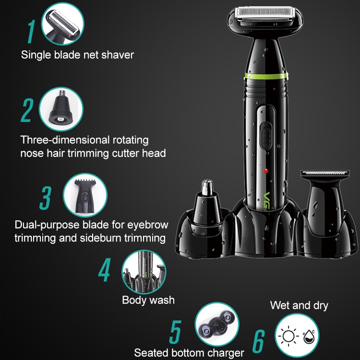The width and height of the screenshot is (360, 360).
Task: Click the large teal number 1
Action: tap(32, 32)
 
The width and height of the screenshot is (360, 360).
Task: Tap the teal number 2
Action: tap(27, 110)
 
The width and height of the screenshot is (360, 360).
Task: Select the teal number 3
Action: tap(46, 198)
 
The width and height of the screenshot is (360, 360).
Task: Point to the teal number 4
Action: tap(105, 270)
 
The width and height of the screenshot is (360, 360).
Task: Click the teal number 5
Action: tap(175, 332)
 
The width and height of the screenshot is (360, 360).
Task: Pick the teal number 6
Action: tap(259, 341)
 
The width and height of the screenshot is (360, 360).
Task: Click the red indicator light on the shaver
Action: tap(266, 171)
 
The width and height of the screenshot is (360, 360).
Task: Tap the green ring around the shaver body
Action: tap(266, 76)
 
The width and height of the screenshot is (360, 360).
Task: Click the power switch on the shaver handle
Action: tap(266, 135)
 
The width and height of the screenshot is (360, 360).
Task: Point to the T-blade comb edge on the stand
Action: tap(325, 173)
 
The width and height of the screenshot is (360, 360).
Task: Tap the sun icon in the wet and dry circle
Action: tap(288, 336)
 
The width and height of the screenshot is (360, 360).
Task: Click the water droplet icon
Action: tap(308, 336)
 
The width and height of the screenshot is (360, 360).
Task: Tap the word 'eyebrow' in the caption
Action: tap(148, 225)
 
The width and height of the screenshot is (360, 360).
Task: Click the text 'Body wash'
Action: tap(148, 300)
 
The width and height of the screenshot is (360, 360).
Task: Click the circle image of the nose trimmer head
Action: tap(61, 109)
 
